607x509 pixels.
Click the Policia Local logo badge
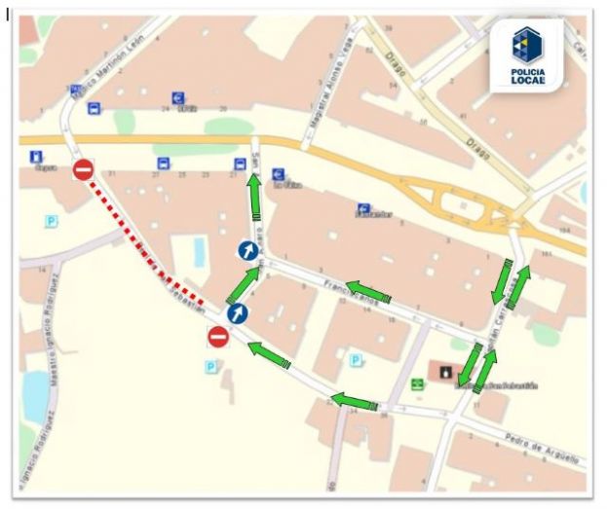527,57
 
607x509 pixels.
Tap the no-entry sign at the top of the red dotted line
83,170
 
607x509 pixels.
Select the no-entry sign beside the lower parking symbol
218,337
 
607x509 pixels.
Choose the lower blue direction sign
238,313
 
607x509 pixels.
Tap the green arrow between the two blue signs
244,283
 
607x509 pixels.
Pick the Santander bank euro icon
363,208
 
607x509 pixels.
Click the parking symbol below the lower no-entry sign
209,366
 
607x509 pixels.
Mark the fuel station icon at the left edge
36,157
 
